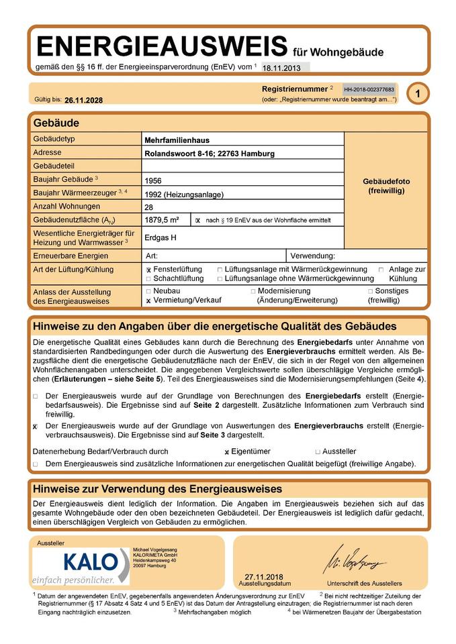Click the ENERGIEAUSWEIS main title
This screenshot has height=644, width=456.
click(x=162, y=46)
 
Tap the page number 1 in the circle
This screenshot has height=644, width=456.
click(x=417, y=95)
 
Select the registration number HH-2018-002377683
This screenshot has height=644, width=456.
click(x=369, y=89)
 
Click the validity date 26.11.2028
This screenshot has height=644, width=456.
click(x=84, y=100)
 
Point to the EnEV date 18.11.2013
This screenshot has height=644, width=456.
click(x=282, y=68)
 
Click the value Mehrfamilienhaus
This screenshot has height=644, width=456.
click(x=177, y=140)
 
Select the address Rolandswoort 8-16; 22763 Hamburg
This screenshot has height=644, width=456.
click(x=209, y=154)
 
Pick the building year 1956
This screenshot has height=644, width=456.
click(x=153, y=180)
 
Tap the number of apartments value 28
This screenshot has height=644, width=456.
click(x=148, y=207)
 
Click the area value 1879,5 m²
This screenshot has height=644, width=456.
click(x=161, y=220)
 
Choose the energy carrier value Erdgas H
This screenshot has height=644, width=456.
click(x=160, y=237)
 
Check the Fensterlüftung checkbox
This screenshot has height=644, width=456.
click(x=148, y=270)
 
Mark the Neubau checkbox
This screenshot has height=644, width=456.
click(x=148, y=292)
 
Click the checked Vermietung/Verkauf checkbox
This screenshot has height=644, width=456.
click(x=148, y=301)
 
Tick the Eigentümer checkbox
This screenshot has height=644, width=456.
click(x=227, y=452)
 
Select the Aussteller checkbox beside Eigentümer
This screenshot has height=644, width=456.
click(x=318, y=452)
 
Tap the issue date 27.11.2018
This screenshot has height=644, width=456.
click(x=264, y=577)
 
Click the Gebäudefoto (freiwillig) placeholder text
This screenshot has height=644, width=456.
click(x=386, y=186)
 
